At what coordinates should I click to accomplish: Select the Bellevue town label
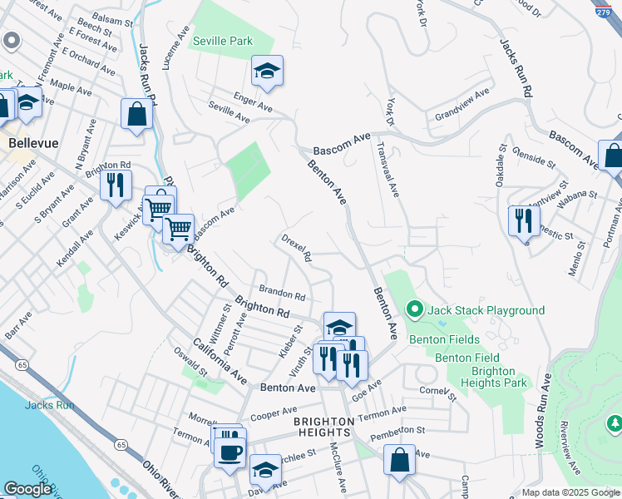(x=33, y=143)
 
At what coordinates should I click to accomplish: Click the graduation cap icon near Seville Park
(x=268, y=72)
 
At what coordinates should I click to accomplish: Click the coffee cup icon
(x=230, y=453)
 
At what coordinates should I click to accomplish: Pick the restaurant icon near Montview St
(x=524, y=220)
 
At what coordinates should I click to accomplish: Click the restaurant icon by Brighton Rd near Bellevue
(x=116, y=184)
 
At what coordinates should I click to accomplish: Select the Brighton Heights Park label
(x=499, y=377)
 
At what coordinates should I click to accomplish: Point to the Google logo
(x=27, y=489)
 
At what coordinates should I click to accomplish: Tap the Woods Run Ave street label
(x=543, y=412)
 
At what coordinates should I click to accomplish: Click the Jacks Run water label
(x=50, y=405)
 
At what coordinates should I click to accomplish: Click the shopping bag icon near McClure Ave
(x=399, y=460)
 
